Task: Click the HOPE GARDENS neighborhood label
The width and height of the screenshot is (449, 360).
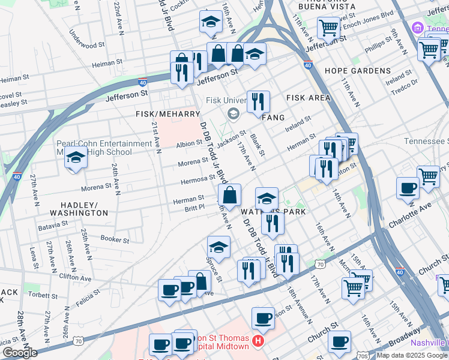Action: pos(357,71)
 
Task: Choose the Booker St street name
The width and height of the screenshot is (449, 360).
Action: pos(115,239)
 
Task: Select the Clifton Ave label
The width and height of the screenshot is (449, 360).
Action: pos(75,278)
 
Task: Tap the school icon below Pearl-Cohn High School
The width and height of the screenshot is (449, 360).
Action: pos(76,159)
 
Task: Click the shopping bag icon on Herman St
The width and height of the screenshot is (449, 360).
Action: pos(230,194)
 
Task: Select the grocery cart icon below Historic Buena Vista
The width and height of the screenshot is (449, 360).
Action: pos(329,27)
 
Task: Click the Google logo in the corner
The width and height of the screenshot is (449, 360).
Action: pos(20,352)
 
